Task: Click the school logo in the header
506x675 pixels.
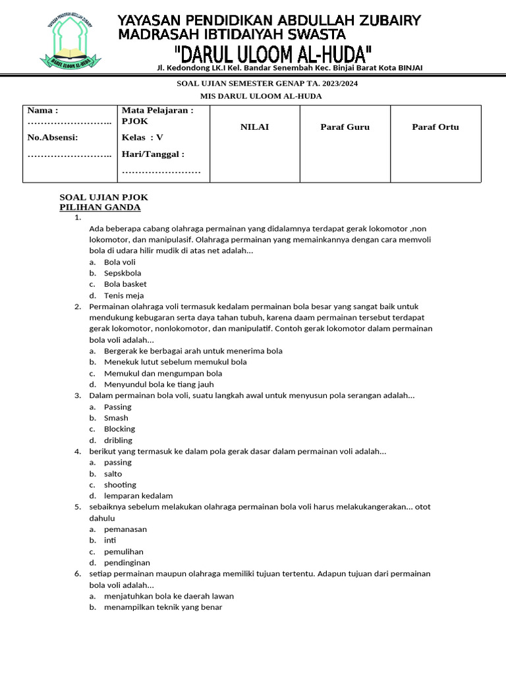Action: point(72,42)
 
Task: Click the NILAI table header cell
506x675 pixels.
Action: point(254,127)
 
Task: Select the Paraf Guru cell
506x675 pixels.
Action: point(345,127)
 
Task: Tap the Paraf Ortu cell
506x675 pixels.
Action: point(435,127)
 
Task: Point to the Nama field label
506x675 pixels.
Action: point(43,110)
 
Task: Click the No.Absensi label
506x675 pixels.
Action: point(53,137)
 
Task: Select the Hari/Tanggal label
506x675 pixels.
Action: point(153,154)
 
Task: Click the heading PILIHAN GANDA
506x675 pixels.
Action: point(100,208)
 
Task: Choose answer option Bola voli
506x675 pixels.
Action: point(119,262)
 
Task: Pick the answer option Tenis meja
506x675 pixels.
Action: point(124,296)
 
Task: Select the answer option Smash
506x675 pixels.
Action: point(116,418)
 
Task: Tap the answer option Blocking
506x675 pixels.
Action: point(119,429)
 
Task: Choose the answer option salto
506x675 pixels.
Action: point(113,474)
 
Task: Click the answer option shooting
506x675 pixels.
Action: point(120,485)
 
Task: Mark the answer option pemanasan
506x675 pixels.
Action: point(125,529)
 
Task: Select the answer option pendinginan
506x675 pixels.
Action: point(126,563)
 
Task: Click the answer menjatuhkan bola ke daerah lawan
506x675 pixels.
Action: point(169,596)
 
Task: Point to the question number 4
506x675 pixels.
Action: point(77,452)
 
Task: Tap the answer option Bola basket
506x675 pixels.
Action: point(125,285)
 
